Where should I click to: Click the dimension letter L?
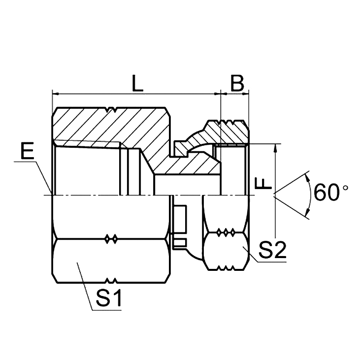137,84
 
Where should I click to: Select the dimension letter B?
237,84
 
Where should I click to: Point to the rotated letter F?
264,183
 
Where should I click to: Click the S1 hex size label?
109,298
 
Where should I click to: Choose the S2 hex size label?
272,251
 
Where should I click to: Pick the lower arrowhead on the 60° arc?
307,213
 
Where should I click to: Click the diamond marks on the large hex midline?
112,239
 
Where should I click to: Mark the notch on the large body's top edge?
114,110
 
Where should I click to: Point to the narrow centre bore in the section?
187,185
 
